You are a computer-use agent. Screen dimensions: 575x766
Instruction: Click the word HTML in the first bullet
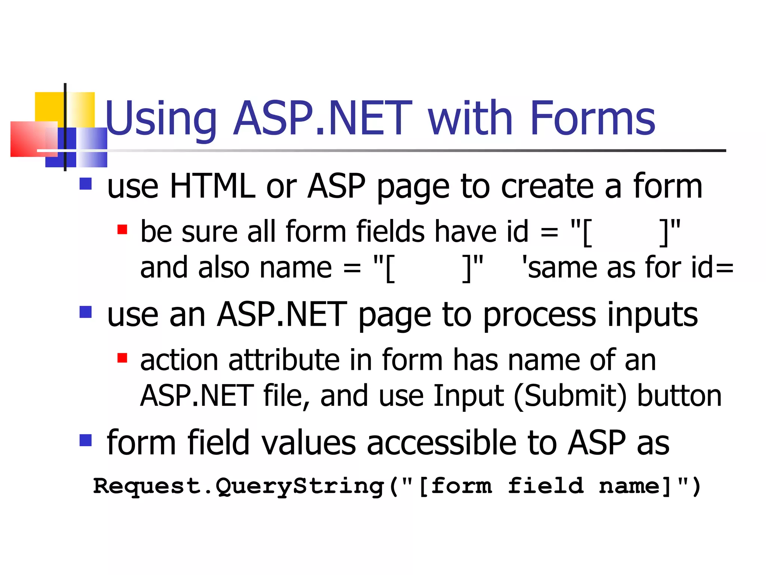[212, 186]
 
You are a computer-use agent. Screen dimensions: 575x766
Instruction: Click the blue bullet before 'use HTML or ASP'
[86, 184]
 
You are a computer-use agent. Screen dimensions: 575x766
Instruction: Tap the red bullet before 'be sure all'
[122, 229]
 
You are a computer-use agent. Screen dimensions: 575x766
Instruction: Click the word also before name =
[224, 268]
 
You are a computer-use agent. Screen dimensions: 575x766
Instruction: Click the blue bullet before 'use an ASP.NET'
[86, 312]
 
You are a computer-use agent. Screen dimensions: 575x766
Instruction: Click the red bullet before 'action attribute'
[122, 358]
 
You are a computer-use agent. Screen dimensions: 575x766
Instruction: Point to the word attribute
[285, 360]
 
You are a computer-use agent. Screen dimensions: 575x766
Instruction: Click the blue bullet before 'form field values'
[86, 440]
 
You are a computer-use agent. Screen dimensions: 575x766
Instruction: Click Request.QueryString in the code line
[239, 486]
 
